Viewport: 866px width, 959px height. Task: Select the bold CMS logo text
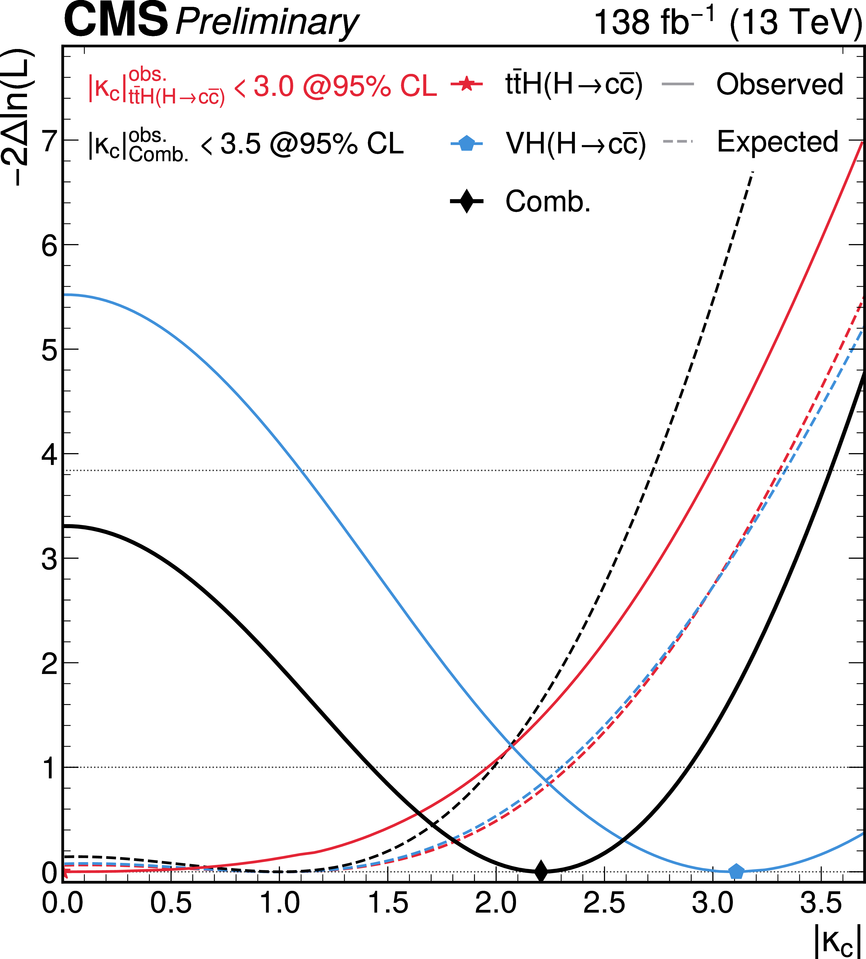[x=116, y=20]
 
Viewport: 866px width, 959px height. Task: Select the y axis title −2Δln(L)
[x=19, y=116]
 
